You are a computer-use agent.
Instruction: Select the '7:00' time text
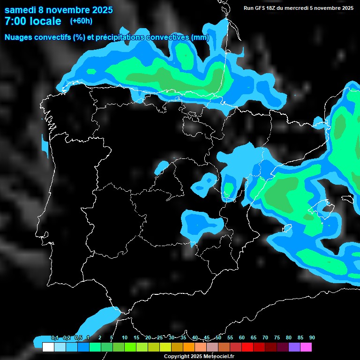tap(16, 21)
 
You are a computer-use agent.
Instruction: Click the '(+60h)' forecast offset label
tap(81, 21)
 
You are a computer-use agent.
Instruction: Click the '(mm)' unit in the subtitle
tap(200, 37)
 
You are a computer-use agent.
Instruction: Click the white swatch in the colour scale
tap(48, 347)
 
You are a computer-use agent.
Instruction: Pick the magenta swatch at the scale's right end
tap(306, 347)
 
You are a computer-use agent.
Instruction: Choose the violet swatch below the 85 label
tap(294, 347)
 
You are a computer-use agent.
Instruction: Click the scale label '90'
tap(312, 337)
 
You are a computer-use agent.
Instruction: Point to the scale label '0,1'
tap(55, 337)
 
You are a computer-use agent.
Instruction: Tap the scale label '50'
tap(218, 337)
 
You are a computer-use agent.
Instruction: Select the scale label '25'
tap(160, 337)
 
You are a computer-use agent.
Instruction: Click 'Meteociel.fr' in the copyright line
tap(219, 356)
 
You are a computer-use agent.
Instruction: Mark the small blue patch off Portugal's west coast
tap(45, 146)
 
